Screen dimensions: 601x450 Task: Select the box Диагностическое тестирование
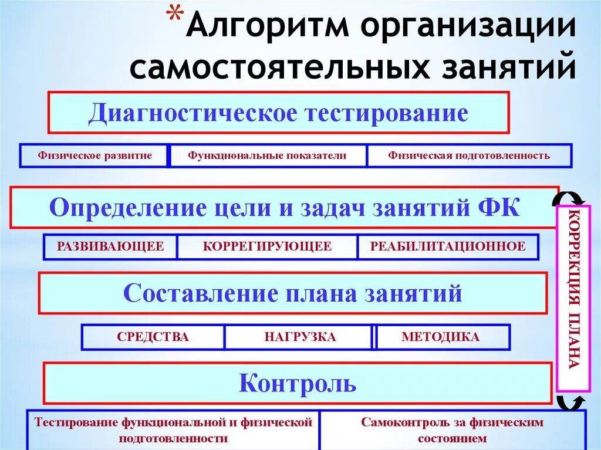278,112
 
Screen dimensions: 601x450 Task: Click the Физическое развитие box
94,155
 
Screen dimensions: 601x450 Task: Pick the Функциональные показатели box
267,155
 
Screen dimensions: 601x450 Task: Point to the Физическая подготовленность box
468,155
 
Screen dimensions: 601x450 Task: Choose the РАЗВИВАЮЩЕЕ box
110,246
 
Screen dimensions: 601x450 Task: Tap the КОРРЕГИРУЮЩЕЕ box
267,246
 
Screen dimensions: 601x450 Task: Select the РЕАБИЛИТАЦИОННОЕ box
447,246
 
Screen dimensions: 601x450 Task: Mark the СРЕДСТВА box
153,337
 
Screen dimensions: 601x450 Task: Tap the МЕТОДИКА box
440,337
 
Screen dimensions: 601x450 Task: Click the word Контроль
298,383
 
